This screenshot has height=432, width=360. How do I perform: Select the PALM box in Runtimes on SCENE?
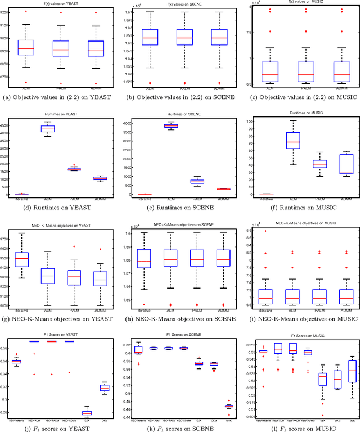pos(181,181)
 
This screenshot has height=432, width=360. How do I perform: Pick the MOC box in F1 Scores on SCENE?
pos(228,406)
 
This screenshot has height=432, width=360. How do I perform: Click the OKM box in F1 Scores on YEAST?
pos(104,388)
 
